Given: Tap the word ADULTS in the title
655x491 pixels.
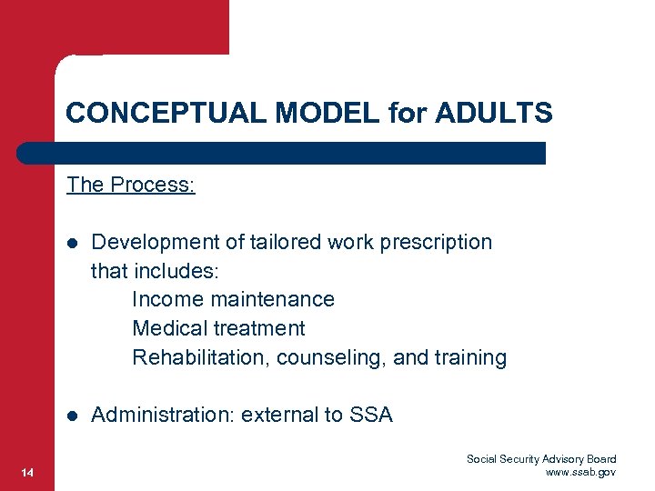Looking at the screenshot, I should pyautogui.click(x=494, y=114).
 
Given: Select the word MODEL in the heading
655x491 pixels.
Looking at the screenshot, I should pyautogui.click(x=305, y=114).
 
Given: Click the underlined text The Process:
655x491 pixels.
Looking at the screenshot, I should pyautogui.click(x=130, y=185).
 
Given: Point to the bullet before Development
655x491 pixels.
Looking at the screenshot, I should pyautogui.click(x=72, y=243).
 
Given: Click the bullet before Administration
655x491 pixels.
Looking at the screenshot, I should pyautogui.click(x=72, y=416).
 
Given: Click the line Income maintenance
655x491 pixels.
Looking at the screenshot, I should pyautogui.click(x=233, y=300).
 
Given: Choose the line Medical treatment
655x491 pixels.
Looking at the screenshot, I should pyautogui.click(x=218, y=329).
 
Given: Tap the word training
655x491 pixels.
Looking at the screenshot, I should pyautogui.click(x=470, y=358).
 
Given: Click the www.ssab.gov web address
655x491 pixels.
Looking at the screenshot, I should pyautogui.click(x=580, y=473).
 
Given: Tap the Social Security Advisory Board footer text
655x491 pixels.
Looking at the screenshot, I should pyautogui.click(x=541, y=459).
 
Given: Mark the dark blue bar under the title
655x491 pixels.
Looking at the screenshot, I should pyautogui.click(x=282, y=153).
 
